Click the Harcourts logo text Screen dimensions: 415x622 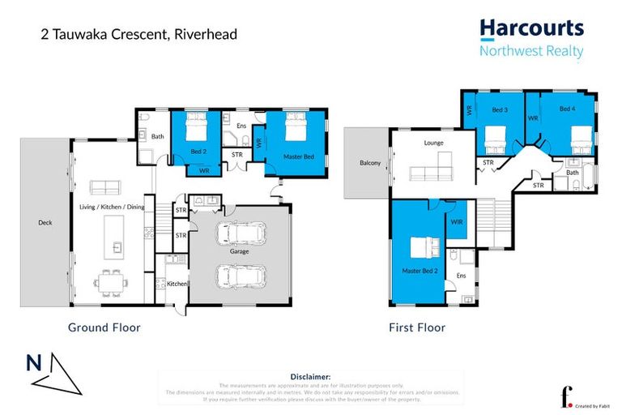(x=531, y=28)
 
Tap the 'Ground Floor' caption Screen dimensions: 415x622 (x=104, y=327)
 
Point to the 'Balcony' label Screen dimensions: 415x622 (x=370, y=163)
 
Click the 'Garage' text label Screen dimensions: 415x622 (x=239, y=252)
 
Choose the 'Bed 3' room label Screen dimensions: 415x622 (x=500, y=109)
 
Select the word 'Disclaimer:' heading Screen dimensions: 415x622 (x=310, y=377)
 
